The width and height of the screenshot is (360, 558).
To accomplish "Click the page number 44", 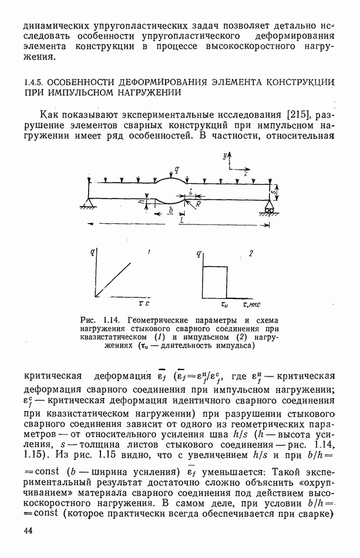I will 30,531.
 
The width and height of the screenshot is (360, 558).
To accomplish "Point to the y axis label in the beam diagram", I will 224,156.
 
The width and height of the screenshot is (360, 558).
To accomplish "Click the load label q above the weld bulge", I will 177,170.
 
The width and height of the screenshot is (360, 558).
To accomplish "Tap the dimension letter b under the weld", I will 170,209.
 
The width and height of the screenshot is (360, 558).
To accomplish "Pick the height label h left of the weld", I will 142,201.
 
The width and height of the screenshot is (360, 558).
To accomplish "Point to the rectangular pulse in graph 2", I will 214,282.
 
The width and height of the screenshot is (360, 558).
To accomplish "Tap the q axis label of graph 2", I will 200,254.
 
